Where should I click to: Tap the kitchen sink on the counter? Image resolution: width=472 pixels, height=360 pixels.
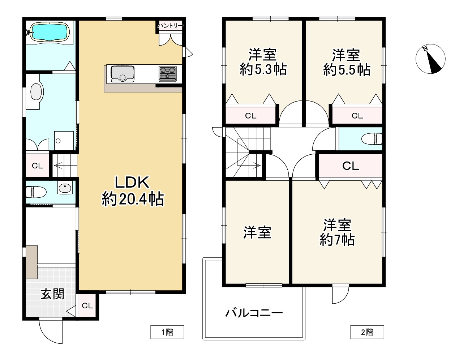[x=122, y=74]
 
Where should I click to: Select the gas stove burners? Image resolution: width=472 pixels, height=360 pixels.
[x=167, y=74]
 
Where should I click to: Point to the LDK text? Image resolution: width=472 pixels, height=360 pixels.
[x=132, y=183]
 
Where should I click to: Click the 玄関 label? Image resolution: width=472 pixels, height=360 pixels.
[x=52, y=294]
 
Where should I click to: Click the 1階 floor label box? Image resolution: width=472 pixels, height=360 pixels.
[x=167, y=332]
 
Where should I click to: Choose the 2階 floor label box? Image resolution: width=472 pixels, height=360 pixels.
[x=367, y=332]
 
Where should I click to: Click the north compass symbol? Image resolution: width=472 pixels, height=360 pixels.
[x=430, y=59]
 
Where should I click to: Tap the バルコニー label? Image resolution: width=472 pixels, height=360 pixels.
[x=254, y=313]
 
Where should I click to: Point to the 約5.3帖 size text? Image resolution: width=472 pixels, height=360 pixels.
[x=263, y=69]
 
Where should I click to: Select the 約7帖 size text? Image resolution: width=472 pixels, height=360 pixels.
[x=337, y=240]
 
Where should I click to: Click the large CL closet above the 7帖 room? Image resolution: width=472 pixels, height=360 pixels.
[x=350, y=166]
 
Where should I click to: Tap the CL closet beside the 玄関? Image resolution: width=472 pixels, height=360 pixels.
[x=87, y=306]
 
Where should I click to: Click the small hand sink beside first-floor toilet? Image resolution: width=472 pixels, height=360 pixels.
[x=65, y=188]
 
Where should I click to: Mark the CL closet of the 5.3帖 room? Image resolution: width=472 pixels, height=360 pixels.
[x=250, y=116]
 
